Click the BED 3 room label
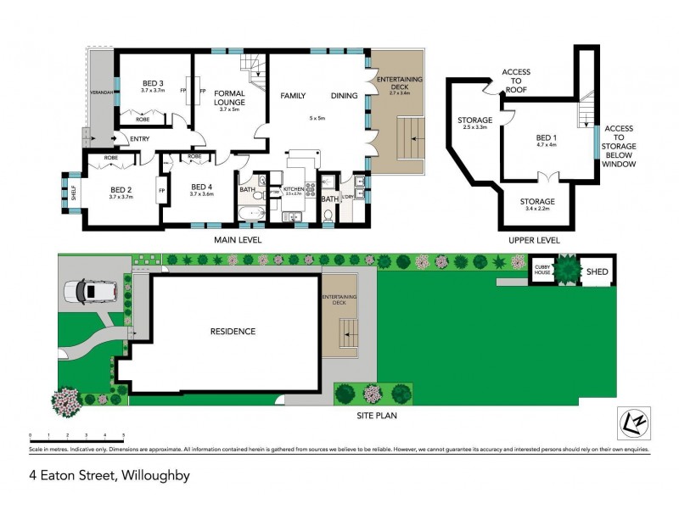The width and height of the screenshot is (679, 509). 152,83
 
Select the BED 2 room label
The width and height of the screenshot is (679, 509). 121,190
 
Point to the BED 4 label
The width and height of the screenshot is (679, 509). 202,187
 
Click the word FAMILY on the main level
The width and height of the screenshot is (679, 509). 294,97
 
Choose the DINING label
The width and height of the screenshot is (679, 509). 344,97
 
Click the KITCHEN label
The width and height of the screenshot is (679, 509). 293,188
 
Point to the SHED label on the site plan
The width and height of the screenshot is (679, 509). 598,271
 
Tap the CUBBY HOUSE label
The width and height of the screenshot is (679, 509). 542,271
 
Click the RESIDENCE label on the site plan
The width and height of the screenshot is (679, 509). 232,332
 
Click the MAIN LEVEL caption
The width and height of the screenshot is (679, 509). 237,240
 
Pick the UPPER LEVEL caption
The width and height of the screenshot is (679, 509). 534,240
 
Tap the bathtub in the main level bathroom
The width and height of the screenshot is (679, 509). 251,211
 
